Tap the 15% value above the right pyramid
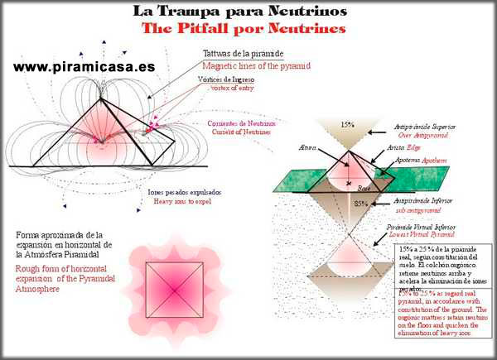click(x=348, y=124)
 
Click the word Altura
click(x=312, y=148)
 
